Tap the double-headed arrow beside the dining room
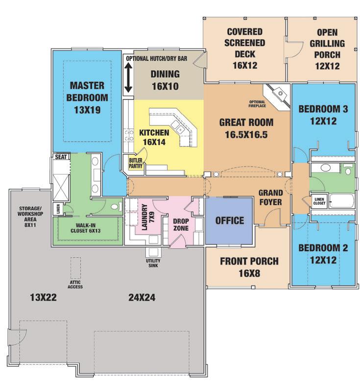[128, 77]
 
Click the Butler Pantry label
[135, 163]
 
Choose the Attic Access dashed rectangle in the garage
[76, 268]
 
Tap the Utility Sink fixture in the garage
[153, 252]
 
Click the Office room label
[229, 220]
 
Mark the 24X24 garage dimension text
[142, 297]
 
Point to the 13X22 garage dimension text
[44, 297]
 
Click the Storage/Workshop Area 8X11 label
[30, 216]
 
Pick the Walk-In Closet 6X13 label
[86, 228]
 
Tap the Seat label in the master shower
[61, 157]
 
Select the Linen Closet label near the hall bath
[319, 201]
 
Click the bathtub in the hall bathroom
[341, 201]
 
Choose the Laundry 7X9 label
[148, 217]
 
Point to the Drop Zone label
[181, 225]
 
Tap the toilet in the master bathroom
[116, 207]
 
